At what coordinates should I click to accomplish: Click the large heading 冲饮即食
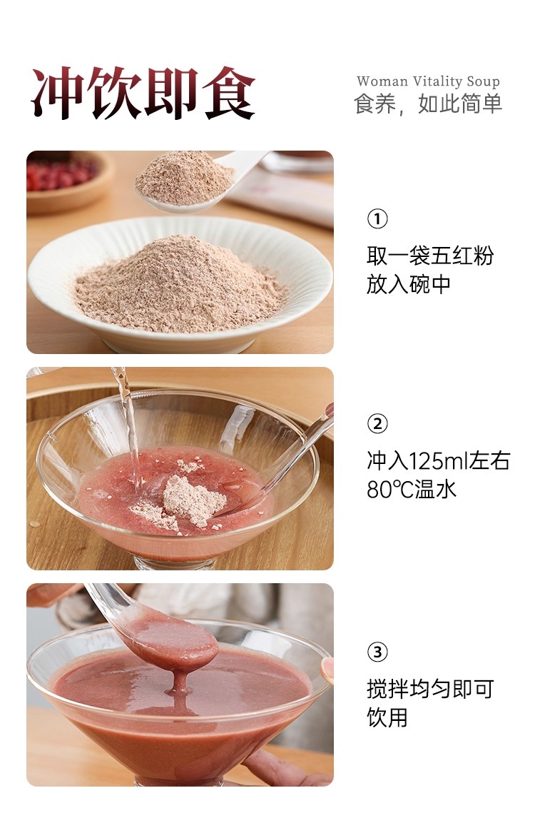143,94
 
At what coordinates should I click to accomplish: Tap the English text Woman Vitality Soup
428,81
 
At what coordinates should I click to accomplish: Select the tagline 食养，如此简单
428,104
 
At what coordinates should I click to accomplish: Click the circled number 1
377,219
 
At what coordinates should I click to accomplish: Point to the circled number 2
377,424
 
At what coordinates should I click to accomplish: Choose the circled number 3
377,652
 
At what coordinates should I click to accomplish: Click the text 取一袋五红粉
430,256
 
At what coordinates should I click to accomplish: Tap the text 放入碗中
409,284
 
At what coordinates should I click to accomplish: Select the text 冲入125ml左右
439,461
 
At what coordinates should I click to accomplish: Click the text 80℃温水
412,489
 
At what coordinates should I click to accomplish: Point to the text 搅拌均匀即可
430,689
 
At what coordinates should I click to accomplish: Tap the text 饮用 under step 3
387,717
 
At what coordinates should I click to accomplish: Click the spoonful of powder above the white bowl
185,178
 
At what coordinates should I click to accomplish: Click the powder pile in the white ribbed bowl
178,284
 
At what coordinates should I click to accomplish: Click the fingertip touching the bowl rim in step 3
327,670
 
